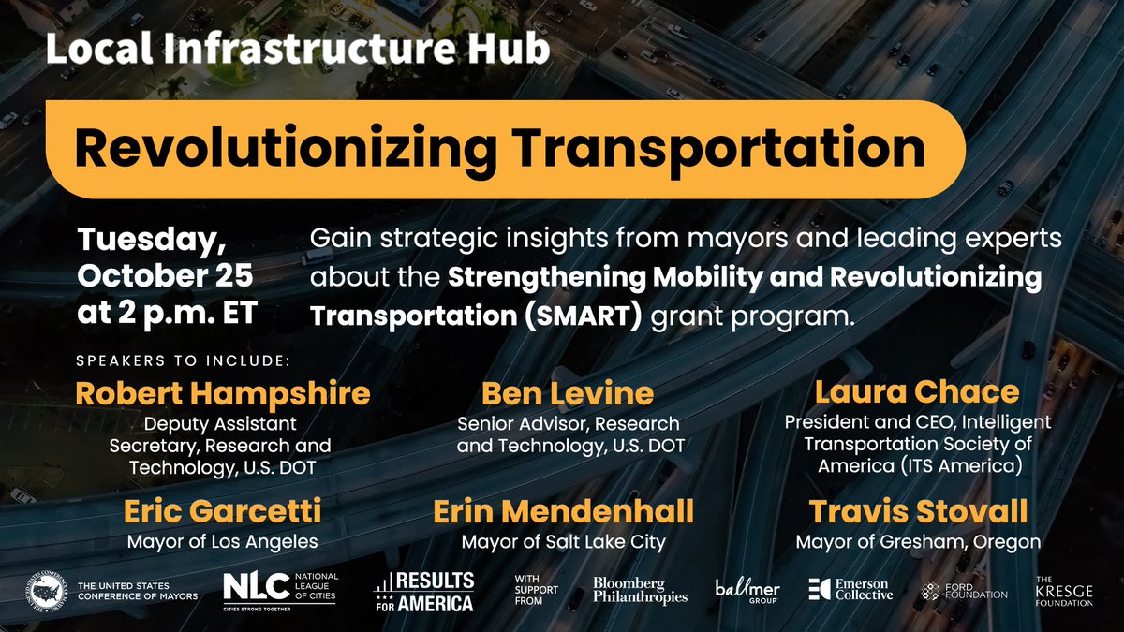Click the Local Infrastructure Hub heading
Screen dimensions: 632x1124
297,51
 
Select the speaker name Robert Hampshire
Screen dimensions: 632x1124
222,393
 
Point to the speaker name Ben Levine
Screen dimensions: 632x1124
568,393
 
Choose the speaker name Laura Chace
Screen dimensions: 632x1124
917,391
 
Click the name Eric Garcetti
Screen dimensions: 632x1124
222,512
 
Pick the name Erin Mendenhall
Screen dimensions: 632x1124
563,512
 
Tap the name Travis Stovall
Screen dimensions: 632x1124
918,512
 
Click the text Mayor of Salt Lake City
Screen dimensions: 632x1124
563,541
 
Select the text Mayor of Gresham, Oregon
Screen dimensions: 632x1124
918,541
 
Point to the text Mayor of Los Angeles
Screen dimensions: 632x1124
222,541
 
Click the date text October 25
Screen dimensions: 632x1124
166,278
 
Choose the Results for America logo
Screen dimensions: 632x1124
424,592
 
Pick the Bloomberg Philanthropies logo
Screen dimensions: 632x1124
640,590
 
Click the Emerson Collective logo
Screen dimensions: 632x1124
850,590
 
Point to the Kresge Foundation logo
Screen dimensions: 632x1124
1063,592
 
